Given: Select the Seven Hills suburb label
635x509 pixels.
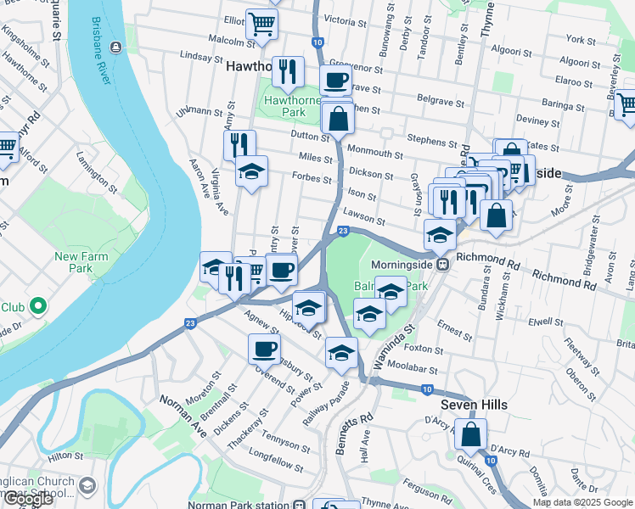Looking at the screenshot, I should pyautogui.click(x=474, y=405).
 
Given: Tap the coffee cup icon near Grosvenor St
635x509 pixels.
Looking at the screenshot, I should pyautogui.click(x=335, y=81).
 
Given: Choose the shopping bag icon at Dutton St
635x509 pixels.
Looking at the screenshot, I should pyautogui.click(x=338, y=120).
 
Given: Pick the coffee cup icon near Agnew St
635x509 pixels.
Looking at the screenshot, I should pyautogui.click(x=264, y=349).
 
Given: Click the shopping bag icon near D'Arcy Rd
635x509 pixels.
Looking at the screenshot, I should pyautogui.click(x=469, y=436).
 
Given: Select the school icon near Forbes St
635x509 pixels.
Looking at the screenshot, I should pyautogui.click(x=250, y=173).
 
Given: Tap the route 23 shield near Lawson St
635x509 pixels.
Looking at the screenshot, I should pyautogui.click(x=343, y=231).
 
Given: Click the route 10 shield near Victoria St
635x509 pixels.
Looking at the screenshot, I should pyautogui.click(x=317, y=42).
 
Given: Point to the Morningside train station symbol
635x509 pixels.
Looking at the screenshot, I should pyautogui.click(x=442, y=265).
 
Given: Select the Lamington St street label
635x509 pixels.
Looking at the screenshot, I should pyautogui.click(x=96, y=169).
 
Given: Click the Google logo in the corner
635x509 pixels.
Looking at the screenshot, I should pyautogui.click(x=28, y=499).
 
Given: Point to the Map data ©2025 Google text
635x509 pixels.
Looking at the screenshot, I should pyautogui.click(x=582, y=502).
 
